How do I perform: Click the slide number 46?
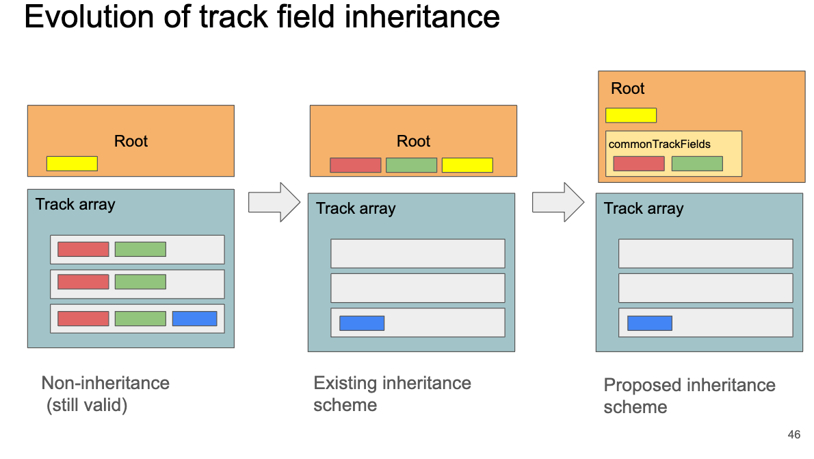(x=793, y=434)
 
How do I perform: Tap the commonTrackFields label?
(x=659, y=144)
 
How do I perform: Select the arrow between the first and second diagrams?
(x=274, y=202)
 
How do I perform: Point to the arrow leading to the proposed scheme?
(x=558, y=202)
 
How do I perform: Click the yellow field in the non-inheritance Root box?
(x=72, y=163)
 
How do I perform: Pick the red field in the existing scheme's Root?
(x=356, y=165)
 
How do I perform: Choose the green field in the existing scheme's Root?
(x=412, y=165)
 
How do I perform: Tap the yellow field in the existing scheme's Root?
(x=467, y=165)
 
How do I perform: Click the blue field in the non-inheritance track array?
(x=195, y=319)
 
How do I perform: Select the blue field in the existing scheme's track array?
(x=362, y=323)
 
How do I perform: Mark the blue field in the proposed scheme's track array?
(x=650, y=323)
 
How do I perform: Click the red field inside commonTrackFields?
(x=639, y=164)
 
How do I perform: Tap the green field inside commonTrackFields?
(x=697, y=164)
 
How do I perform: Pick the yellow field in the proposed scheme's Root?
(x=631, y=115)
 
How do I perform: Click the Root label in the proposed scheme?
(x=628, y=88)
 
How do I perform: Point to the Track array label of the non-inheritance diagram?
(x=75, y=204)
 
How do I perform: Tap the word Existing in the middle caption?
(x=345, y=383)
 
